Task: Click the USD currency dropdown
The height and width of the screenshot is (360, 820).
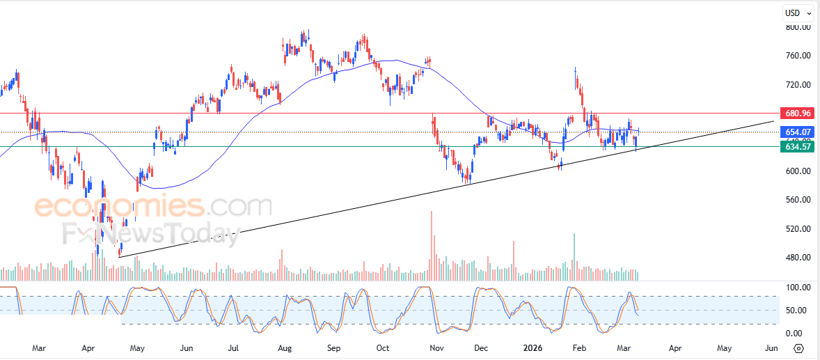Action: click(x=798, y=13)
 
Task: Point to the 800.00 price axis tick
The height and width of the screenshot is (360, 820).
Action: click(x=798, y=27)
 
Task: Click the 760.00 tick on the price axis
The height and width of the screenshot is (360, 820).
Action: click(x=798, y=56)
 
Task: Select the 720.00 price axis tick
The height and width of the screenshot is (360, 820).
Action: click(x=798, y=85)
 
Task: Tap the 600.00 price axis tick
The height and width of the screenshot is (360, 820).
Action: click(x=798, y=171)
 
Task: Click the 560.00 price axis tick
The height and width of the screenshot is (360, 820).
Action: click(x=798, y=200)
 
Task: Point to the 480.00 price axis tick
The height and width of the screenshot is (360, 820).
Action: click(x=798, y=258)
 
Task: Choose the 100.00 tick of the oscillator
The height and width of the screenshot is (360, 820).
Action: click(x=798, y=287)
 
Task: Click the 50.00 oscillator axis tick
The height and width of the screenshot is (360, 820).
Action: click(x=798, y=311)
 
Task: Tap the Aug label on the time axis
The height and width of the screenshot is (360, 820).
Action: click(x=284, y=347)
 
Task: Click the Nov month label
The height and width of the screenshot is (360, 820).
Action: click(x=436, y=347)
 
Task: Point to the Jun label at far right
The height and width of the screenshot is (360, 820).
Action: click(x=771, y=347)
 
